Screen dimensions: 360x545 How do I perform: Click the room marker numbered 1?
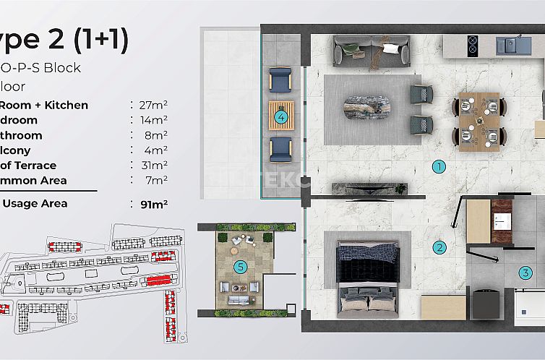438,166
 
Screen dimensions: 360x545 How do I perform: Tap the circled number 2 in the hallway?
438,247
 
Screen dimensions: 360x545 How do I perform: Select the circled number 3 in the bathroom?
525,273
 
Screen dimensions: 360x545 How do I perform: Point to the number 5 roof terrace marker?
241,267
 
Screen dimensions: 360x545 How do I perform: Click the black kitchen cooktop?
473,45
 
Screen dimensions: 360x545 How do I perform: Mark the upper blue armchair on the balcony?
280,81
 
